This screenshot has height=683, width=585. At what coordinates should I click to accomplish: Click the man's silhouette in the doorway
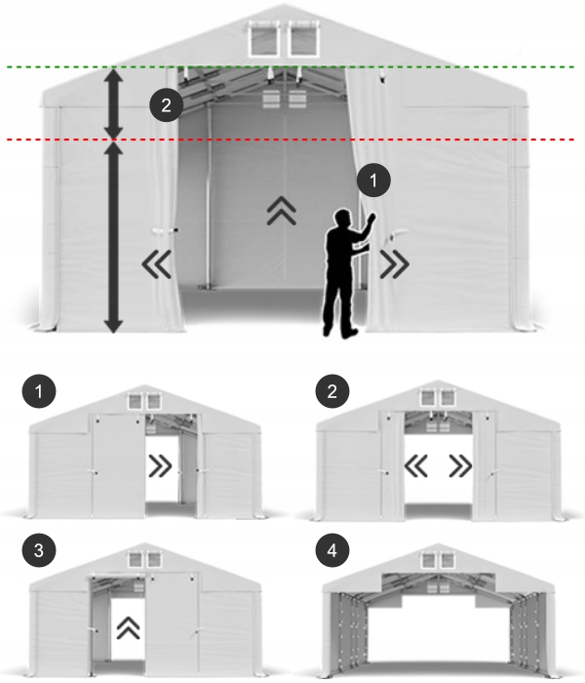343,278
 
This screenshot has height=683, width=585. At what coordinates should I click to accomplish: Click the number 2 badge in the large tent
166,105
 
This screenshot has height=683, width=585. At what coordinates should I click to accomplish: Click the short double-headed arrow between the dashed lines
114,103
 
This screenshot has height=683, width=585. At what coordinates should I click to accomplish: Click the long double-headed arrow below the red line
114,238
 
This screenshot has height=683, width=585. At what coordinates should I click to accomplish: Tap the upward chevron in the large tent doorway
282,209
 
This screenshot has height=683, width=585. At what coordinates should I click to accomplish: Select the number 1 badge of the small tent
38,393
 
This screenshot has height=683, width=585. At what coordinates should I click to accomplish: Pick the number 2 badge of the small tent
332,393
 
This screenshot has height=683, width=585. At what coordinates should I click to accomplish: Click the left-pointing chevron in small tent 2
417,467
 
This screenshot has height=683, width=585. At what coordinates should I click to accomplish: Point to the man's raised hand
369,221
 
